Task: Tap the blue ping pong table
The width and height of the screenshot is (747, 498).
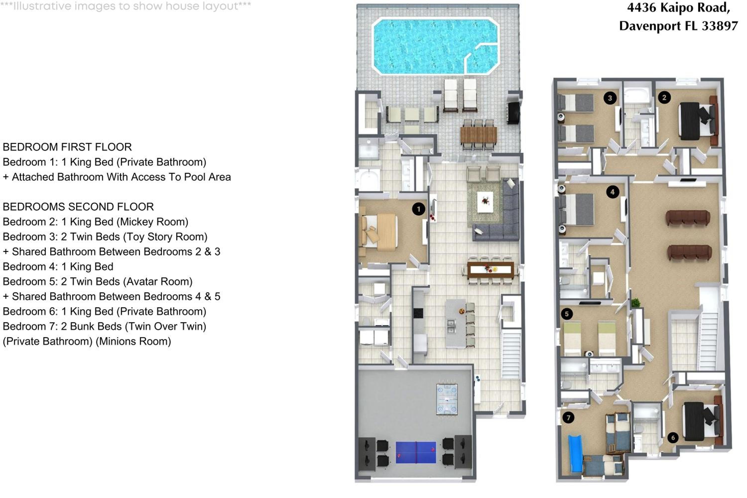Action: coord(416,452)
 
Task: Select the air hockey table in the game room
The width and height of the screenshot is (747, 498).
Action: coord(447,399)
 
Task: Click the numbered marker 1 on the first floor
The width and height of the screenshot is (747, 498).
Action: coord(419,209)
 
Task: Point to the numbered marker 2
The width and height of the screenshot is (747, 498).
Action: coord(664,98)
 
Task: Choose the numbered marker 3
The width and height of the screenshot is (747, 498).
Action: coord(610,98)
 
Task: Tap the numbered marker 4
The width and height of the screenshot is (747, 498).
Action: coord(613,192)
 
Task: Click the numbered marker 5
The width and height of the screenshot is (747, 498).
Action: coord(567,314)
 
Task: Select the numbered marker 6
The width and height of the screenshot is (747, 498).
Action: coord(673,438)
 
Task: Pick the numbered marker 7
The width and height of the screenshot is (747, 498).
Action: coord(568,418)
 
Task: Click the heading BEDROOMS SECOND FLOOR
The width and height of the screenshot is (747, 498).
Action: coord(78,207)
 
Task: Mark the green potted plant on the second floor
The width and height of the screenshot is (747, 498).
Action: coord(635,302)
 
